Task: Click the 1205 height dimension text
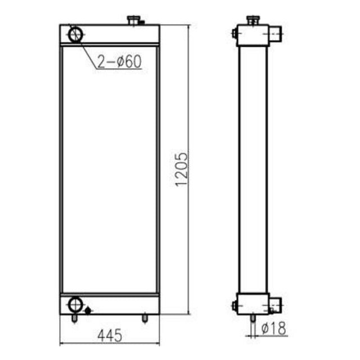coord(181,169)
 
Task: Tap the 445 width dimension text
coord(110,335)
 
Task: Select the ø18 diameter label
coord(274,328)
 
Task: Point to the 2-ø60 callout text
coord(119,61)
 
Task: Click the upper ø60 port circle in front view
coord(75,35)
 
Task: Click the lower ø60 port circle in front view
coord(75,305)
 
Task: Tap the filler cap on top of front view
coord(135,20)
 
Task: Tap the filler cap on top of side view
coord(253,20)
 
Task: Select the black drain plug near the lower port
coord(88,311)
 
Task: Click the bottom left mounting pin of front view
coord(74,319)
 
